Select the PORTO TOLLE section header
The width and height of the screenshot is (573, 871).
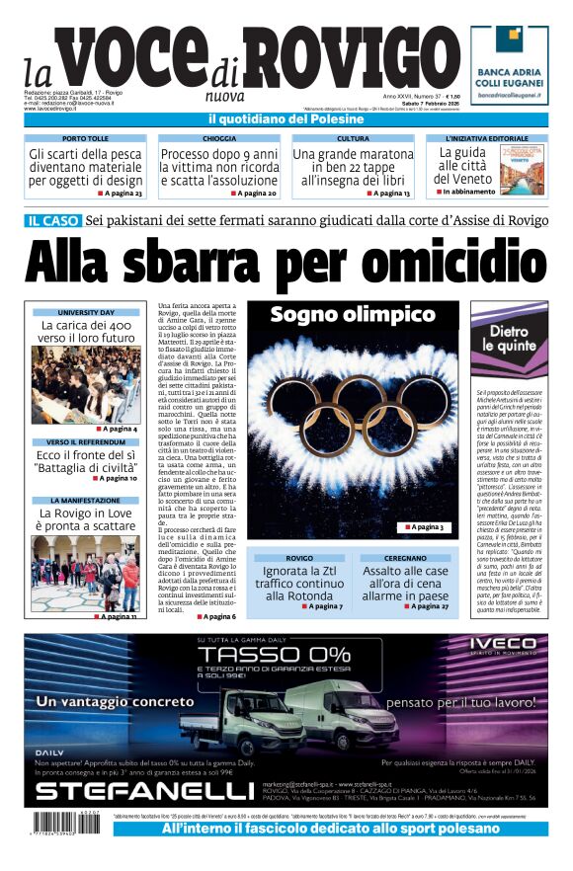(x=86, y=139)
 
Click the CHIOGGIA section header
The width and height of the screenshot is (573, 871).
(x=218, y=139)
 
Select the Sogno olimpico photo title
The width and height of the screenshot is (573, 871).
(x=353, y=315)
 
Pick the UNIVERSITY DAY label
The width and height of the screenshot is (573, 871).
(x=86, y=312)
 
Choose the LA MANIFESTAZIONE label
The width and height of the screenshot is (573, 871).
(x=86, y=501)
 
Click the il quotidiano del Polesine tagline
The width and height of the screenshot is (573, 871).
(x=286, y=119)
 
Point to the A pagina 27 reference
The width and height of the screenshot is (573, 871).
(x=426, y=605)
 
